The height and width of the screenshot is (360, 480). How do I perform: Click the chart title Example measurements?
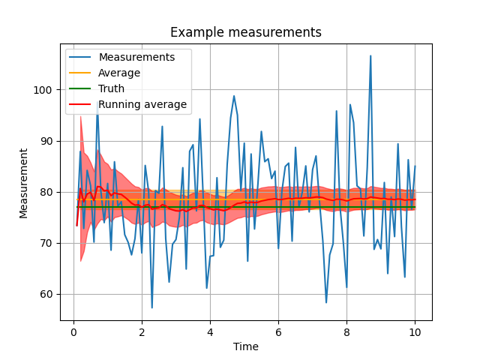coord(245,32)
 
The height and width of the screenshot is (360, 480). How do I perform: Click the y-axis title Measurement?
coord(24,183)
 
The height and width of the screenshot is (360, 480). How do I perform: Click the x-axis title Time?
coord(245,346)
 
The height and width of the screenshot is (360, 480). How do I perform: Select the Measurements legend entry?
coord(136,57)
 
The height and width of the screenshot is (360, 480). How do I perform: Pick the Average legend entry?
coord(119,73)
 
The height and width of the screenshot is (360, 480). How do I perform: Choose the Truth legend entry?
coord(112,88)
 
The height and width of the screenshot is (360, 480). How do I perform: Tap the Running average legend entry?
coord(142,104)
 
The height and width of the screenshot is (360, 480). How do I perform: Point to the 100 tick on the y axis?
coord(42,90)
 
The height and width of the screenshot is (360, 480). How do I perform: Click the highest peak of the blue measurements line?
coord(370,55)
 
